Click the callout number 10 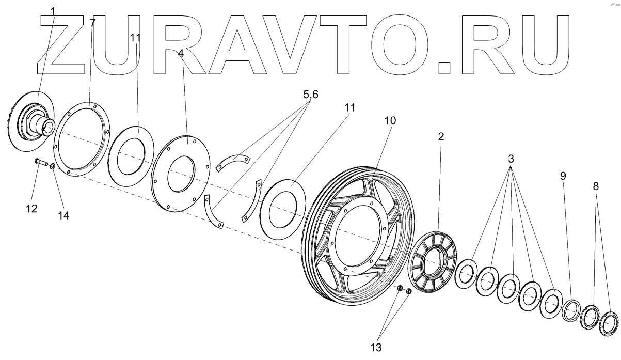(390, 120)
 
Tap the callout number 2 (441, 136)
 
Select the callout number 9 (563, 176)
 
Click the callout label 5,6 (311, 95)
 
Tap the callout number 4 (181, 53)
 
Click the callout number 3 (511, 157)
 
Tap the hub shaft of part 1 (44, 124)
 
